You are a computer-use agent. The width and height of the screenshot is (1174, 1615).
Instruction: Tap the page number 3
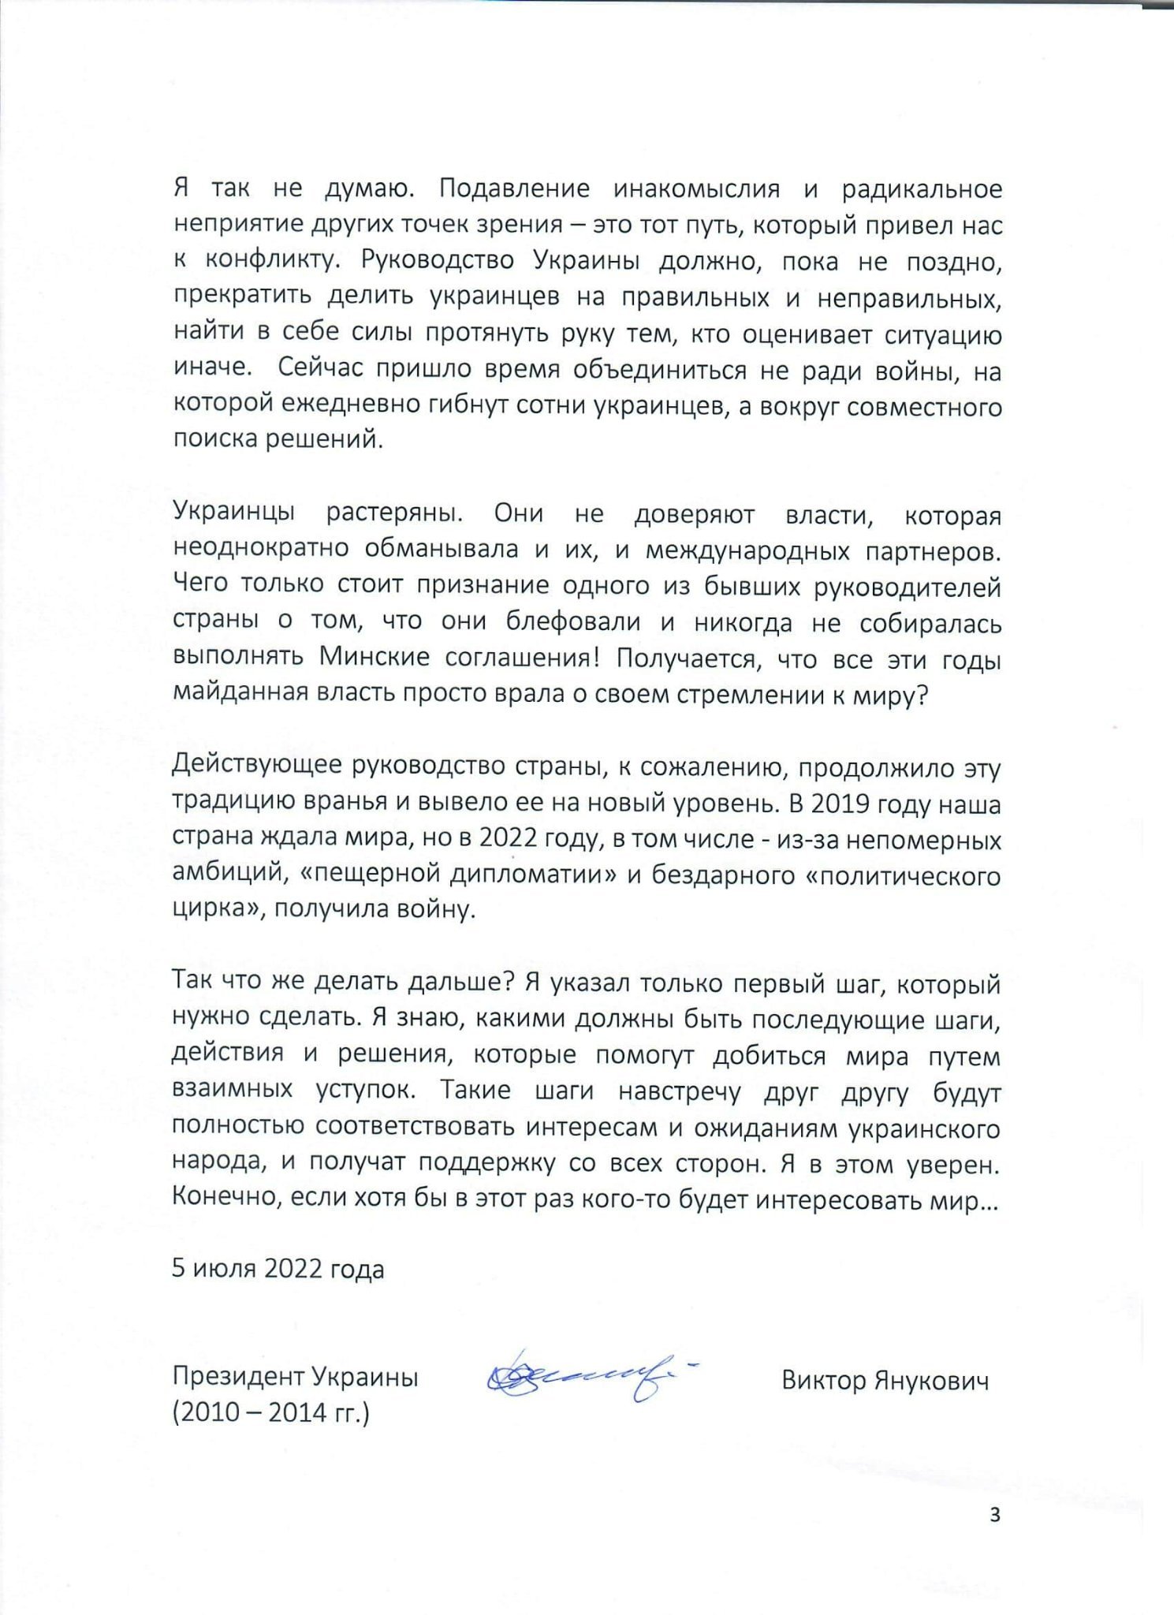(994, 1515)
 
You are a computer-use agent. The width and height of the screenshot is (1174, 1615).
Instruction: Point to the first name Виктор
(823, 1380)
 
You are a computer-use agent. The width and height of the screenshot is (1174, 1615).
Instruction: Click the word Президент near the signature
(238, 1377)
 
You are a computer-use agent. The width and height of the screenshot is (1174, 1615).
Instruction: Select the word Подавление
(514, 189)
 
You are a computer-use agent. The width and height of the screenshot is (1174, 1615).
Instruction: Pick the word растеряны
(393, 513)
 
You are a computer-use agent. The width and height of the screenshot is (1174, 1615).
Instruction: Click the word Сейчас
(322, 368)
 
